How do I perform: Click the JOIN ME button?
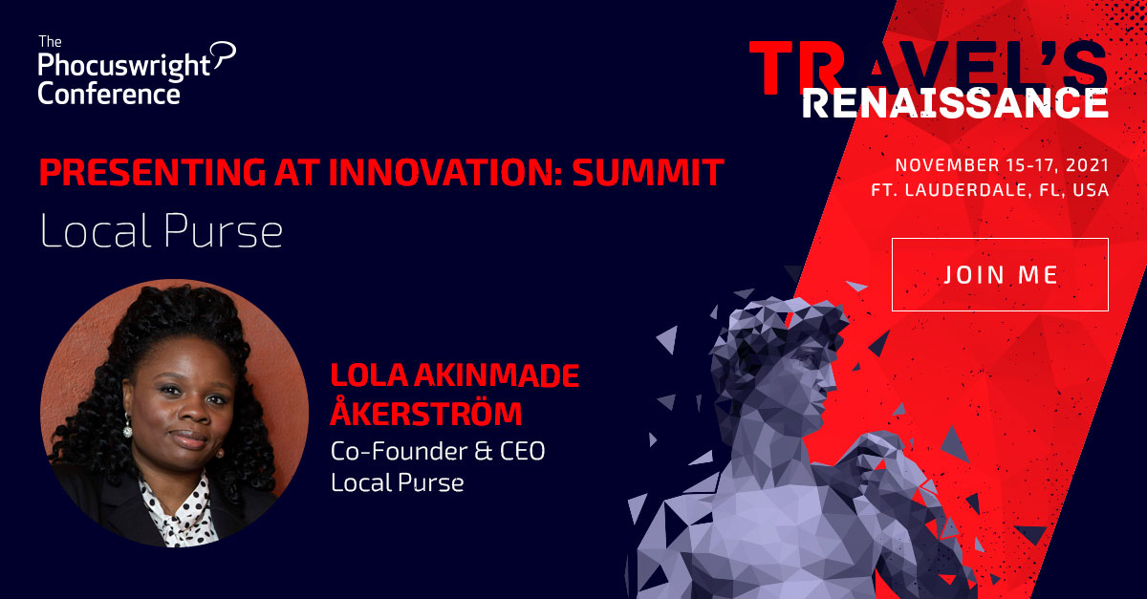click(1000, 274)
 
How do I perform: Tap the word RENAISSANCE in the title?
click(955, 104)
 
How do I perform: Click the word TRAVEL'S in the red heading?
click(928, 68)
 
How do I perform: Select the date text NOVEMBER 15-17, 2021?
click(1002, 165)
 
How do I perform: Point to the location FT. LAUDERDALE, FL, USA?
click(990, 190)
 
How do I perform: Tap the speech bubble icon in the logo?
click(224, 54)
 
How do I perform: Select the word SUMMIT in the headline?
click(648, 172)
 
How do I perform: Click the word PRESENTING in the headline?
click(153, 172)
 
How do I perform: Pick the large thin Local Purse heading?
click(162, 231)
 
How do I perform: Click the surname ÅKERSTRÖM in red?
click(426, 411)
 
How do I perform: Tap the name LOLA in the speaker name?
click(369, 375)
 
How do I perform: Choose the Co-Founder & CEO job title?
click(438, 451)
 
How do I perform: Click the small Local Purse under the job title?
click(398, 482)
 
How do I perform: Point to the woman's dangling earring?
click(127, 425)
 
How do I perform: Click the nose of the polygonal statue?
click(830, 381)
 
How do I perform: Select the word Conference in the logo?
click(109, 95)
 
